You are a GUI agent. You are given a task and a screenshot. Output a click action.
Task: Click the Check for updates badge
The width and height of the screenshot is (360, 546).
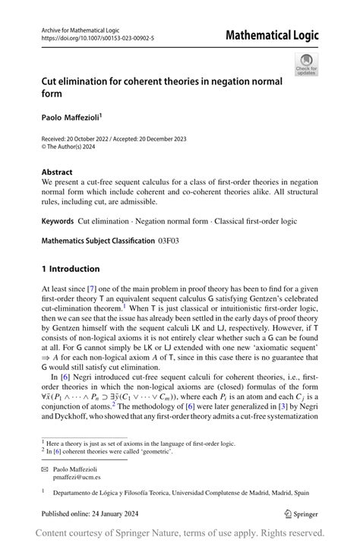tap(306, 65)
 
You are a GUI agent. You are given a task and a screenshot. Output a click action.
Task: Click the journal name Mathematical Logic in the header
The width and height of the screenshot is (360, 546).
tap(272, 35)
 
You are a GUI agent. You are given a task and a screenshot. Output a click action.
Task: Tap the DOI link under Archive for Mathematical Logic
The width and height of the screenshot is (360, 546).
tap(97, 37)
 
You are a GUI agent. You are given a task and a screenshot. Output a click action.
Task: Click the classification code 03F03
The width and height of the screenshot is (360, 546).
tap(169, 241)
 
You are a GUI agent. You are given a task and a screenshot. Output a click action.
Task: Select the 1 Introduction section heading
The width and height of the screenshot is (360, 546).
tap(71, 269)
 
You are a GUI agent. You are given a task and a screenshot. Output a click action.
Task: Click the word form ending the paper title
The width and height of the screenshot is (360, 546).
tap(52, 94)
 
